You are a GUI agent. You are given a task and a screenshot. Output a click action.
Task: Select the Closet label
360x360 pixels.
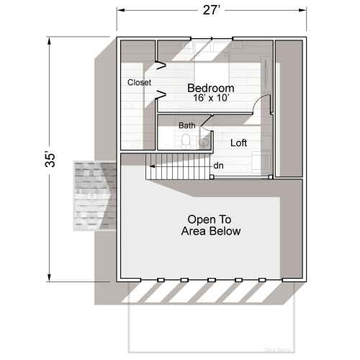139,83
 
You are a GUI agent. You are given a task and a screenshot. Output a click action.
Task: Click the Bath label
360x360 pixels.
186,126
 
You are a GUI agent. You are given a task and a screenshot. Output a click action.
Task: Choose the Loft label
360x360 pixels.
238,143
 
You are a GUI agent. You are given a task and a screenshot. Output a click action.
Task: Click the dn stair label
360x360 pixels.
218,166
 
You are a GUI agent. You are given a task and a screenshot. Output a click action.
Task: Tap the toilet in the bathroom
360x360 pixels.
187,140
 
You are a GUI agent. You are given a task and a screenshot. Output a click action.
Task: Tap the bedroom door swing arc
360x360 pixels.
264,105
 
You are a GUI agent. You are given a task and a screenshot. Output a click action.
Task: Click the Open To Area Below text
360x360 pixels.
214,225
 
